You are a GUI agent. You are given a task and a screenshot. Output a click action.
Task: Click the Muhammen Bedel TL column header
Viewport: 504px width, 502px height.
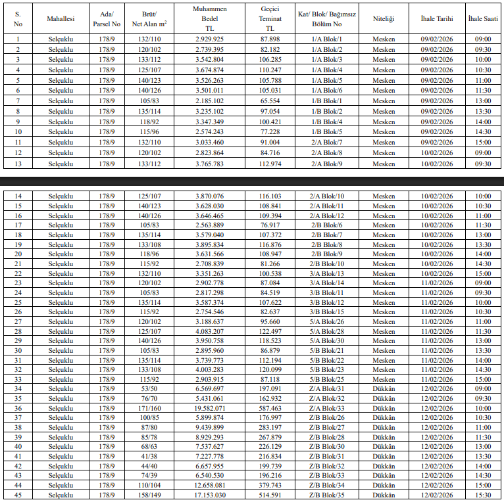click(210, 20)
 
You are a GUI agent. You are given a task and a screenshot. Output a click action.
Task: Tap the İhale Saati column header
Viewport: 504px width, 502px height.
click(483, 20)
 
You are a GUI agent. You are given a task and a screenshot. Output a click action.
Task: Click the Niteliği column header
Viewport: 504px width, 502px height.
click(384, 20)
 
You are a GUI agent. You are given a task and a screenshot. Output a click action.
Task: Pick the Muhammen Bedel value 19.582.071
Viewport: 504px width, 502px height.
click(210, 408)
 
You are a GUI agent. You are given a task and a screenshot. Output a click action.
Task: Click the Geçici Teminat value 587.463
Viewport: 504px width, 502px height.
click(270, 408)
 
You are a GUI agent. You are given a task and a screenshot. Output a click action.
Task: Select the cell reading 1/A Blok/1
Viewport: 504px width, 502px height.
click(327, 39)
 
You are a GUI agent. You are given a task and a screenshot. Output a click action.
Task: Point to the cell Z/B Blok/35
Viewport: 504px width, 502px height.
click(327, 495)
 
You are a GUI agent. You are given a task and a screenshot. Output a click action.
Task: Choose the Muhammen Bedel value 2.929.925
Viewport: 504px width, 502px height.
click(210, 39)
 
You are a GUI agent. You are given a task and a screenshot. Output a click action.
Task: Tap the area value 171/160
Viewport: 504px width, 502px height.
click(148, 408)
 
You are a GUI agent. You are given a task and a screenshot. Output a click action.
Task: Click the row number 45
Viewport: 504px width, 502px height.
click(18, 495)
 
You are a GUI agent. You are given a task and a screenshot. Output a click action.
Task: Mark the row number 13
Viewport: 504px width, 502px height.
click(18, 164)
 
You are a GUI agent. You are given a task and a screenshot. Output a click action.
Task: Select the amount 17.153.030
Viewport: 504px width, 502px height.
click(210, 495)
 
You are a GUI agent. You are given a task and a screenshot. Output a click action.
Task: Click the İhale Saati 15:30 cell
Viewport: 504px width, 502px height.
click(483, 495)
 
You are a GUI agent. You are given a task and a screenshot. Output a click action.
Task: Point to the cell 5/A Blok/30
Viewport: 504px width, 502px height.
click(327, 340)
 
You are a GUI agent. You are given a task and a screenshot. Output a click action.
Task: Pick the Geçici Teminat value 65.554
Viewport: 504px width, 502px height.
click(270, 101)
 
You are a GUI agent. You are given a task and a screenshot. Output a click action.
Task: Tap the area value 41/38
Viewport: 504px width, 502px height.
click(148, 456)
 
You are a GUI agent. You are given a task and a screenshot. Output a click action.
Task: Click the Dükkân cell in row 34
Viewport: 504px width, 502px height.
click(384, 388)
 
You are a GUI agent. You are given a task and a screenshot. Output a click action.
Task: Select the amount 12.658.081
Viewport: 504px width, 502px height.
click(210, 485)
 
